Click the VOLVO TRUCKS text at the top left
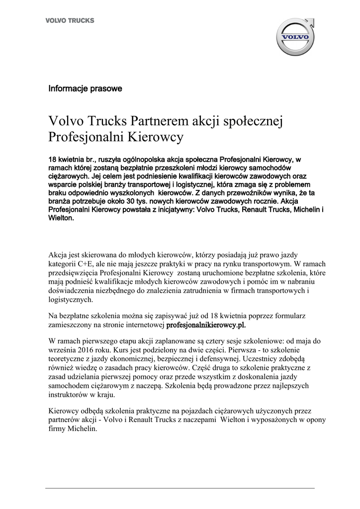pyautogui.click(x=70, y=21)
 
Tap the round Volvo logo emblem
pyautogui.click(x=295, y=37)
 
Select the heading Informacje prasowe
pyautogui.click(x=85, y=89)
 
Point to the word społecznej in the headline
pyautogui.click(x=254, y=121)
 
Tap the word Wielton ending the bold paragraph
pyautogui.click(x=60, y=217)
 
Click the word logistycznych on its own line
pyautogui.click(x=71, y=300)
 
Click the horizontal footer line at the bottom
pyautogui.click(x=180, y=488)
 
